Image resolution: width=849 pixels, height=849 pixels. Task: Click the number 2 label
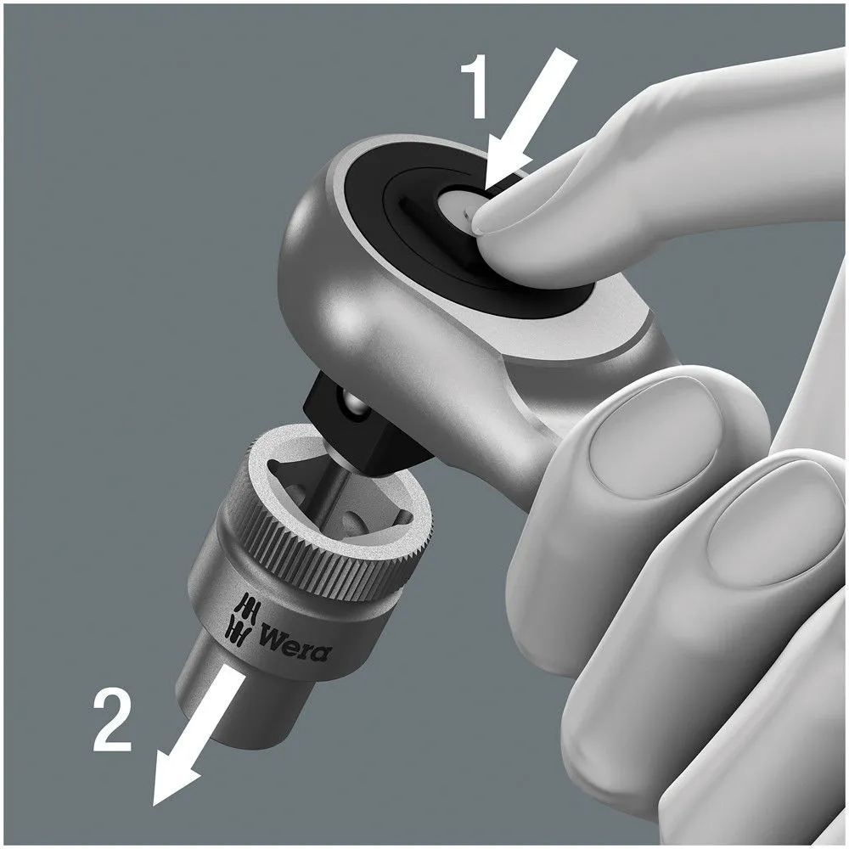pyautogui.click(x=113, y=721)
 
